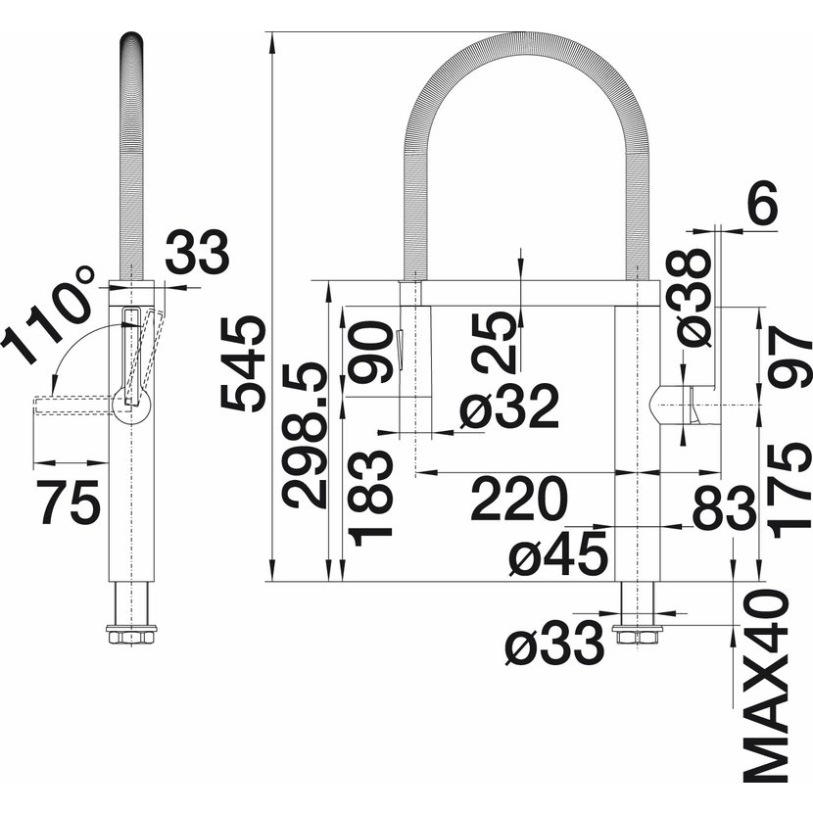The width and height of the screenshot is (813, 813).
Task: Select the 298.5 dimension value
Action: pyautogui.click(x=305, y=435)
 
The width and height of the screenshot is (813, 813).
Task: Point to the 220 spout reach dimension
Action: pyautogui.click(x=518, y=500)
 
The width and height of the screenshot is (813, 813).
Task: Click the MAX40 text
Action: pyautogui.click(x=766, y=688)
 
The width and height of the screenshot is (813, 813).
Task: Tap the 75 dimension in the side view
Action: pyautogui.click(x=69, y=502)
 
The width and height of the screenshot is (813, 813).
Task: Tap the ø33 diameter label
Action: pyautogui.click(x=555, y=644)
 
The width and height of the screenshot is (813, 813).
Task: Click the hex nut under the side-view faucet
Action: pyautogui.click(x=131, y=635)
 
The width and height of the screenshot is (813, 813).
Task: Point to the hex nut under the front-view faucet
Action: pyautogui.click(x=638, y=635)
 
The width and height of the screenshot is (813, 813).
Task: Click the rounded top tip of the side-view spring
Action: pyautogui.click(x=131, y=37)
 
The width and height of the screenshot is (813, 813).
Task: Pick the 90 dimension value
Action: pyautogui.click(x=370, y=352)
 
